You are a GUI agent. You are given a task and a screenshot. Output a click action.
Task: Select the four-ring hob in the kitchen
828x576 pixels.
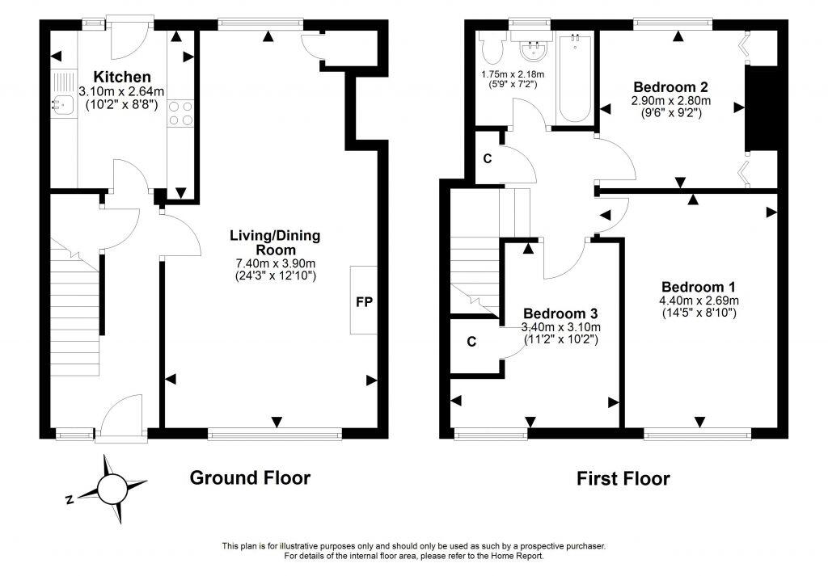click(181, 112)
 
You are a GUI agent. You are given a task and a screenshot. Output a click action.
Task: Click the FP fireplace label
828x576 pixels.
click(364, 302)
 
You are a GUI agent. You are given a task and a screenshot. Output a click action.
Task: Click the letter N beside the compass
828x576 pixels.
click(70, 500)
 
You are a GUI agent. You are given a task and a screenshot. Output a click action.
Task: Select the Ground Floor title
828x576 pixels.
click(250, 477)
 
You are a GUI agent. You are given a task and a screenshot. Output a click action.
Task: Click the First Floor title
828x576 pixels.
click(623, 479)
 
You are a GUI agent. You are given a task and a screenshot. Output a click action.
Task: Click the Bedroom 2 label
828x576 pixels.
click(670, 87)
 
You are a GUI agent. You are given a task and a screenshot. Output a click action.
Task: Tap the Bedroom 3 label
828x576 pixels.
click(560, 313)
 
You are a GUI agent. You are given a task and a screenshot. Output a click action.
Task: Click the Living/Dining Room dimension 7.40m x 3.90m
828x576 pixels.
click(274, 263)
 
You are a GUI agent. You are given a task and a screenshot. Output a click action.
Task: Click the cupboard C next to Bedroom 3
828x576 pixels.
click(471, 342)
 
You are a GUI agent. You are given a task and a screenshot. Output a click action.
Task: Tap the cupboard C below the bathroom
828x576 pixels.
click(487, 158)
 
